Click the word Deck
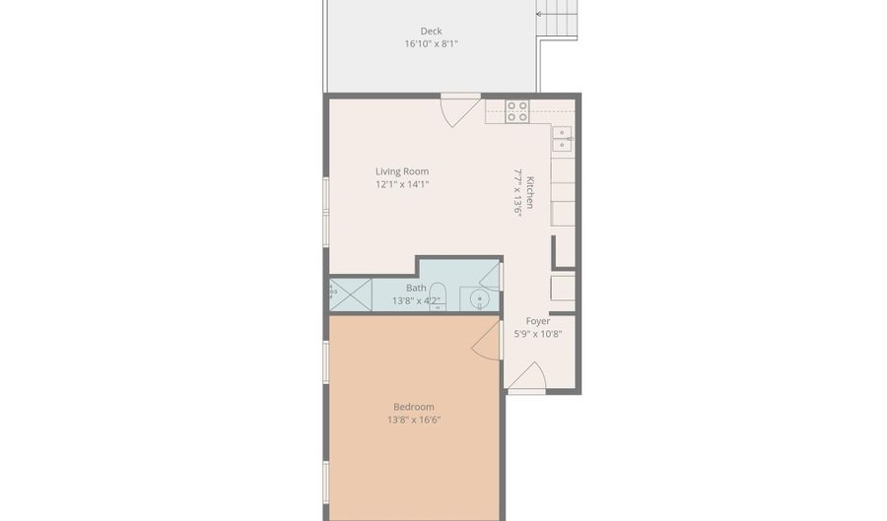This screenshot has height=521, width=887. [x=431, y=31]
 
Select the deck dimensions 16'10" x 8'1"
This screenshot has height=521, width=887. [x=431, y=43]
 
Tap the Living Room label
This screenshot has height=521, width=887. [x=401, y=171]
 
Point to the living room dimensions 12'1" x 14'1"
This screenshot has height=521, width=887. [x=401, y=184]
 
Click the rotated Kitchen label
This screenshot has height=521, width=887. [x=529, y=191]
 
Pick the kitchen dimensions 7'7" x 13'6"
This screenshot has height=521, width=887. [x=516, y=191]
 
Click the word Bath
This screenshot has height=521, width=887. [x=416, y=288]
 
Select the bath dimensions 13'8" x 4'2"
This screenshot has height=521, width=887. [x=416, y=300]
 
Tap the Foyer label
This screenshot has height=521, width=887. [x=538, y=321]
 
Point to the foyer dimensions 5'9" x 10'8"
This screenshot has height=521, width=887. [x=538, y=334]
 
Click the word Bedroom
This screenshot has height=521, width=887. [x=414, y=407]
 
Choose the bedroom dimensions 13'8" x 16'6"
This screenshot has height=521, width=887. [x=414, y=420]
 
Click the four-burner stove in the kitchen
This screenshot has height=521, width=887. [x=517, y=111]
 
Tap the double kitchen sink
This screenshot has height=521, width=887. [x=562, y=139]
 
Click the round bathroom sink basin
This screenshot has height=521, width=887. [x=481, y=298]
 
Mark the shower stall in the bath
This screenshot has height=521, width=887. [x=350, y=293]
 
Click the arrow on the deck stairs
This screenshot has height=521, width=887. [x=540, y=14]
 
